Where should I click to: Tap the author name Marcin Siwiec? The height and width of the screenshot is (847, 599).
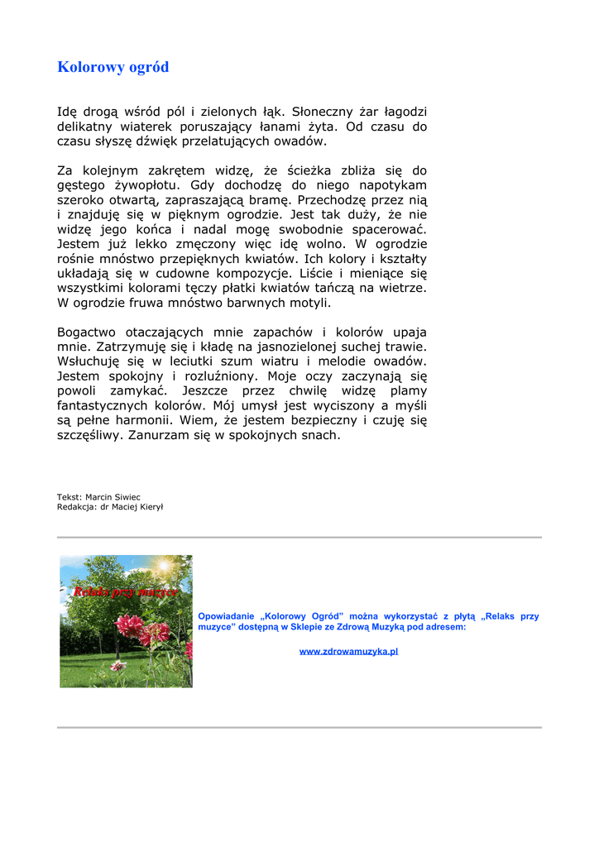[113, 497]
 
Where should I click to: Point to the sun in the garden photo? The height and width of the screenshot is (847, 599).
[164, 567]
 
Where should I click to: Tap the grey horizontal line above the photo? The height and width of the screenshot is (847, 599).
[299, 537]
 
